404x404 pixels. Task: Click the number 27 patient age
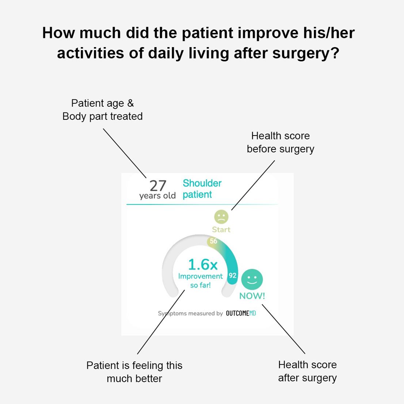click(158, 186)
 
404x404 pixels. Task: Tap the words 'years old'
click(157, 196)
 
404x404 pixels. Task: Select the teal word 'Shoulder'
click(202, 183)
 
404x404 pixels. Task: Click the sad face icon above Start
click(221, 217)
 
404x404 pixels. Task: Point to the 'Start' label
click(221, 229)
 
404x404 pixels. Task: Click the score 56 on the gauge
click(213, 241)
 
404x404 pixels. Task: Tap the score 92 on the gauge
click(232, 275)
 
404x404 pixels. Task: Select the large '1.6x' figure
click(203, 264)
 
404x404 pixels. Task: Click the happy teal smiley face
click(252, 279)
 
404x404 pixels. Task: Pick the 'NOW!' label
click(252, 296)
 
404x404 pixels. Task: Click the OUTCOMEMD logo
click(241, 313)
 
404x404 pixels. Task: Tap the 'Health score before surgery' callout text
click(281, 142)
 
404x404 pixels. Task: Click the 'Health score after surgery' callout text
click(307, 371)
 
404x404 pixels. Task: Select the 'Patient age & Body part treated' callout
click(103, 110)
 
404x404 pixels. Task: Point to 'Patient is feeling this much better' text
click(134, 372)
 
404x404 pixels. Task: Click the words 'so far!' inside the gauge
click(201, 285)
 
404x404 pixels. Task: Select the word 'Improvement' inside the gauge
click(201, 276)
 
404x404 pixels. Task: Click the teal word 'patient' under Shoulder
click(197, 195)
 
